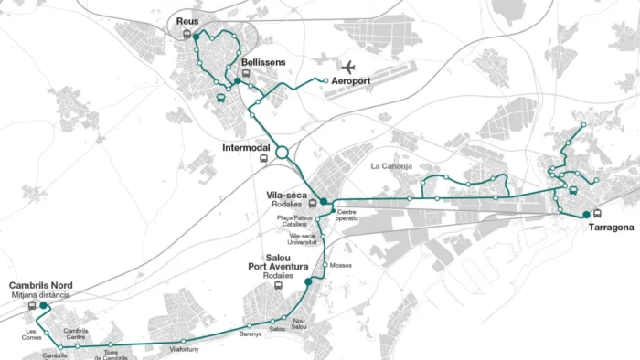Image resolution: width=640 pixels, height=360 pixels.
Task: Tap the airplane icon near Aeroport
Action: tap(348, 67)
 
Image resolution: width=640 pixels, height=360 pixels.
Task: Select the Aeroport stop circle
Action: tap(325, 81)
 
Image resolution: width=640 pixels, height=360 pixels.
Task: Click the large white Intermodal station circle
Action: tap(283, 153)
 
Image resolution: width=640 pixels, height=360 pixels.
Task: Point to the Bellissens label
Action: tap(263, 62)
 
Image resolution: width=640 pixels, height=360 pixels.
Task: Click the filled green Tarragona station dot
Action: tap(586, 215)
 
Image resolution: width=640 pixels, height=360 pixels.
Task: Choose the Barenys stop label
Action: tap(251, 334)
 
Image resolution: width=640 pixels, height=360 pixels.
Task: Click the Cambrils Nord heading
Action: tap(40, 286)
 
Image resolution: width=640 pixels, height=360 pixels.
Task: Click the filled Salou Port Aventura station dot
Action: tap(308, 282)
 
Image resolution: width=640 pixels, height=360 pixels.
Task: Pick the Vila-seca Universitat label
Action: tap(302, 238)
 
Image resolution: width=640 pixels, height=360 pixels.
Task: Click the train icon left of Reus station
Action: tap(187, 35)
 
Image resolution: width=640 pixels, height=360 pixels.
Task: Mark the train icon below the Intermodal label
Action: tap(264, 158)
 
